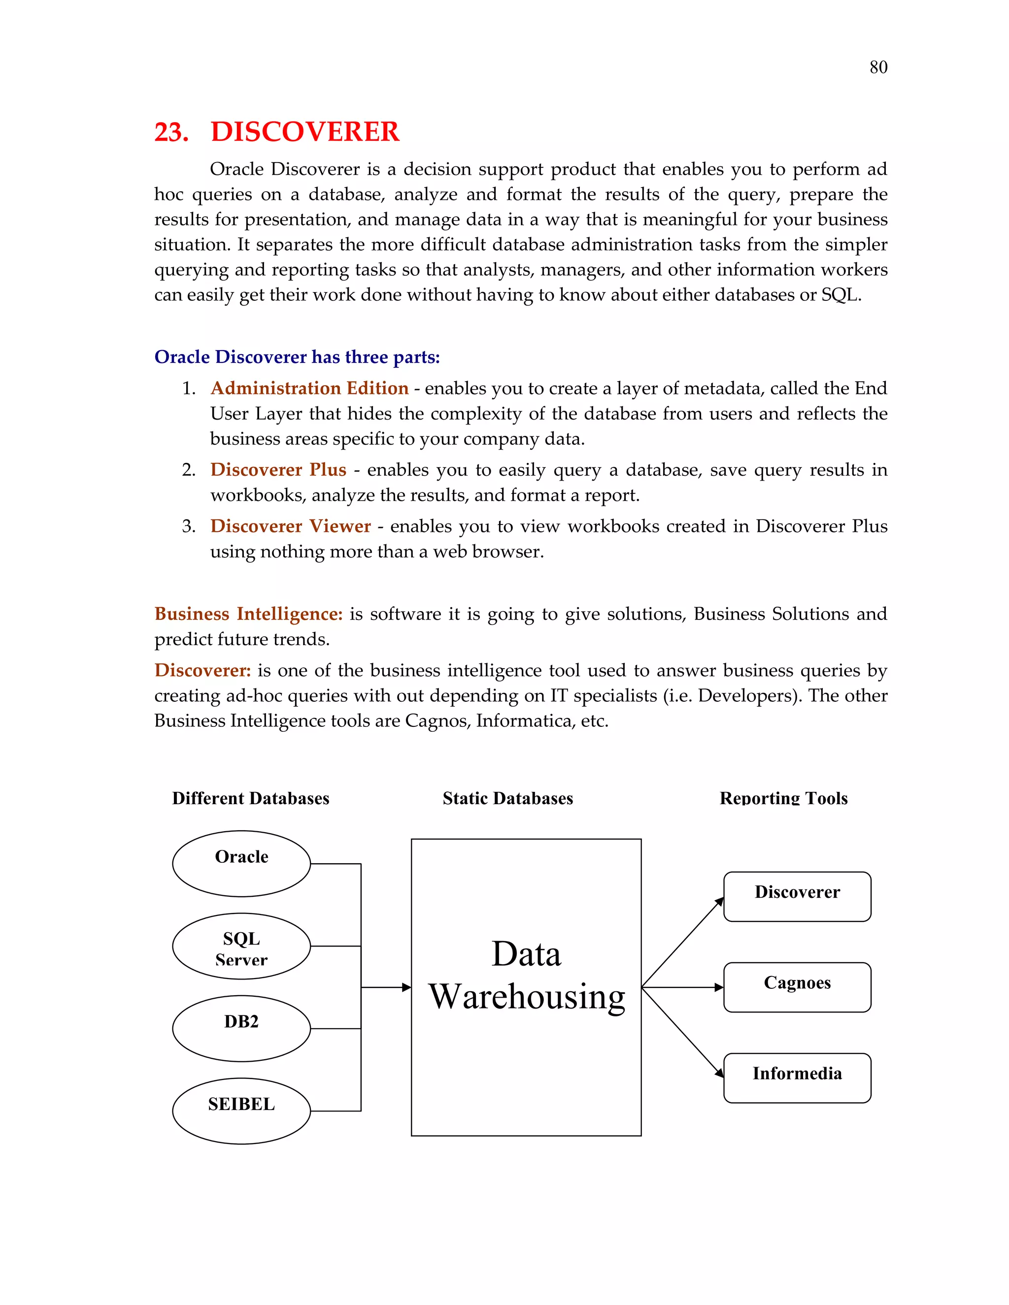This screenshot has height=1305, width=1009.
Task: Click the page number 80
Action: pyautogui.click(x=878, y=67)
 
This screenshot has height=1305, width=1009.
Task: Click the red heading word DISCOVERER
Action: pyautogui.click(x=305, y=131)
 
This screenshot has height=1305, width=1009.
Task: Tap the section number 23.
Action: pyautogui.click(x=171, y=132)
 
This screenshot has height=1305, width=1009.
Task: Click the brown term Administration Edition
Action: pyautogui.click(x=309, y=389)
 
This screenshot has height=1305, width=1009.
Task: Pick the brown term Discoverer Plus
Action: pyautogui.click(x=278, y=470)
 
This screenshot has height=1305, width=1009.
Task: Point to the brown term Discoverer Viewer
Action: pyautogui.click(x=291, y=526)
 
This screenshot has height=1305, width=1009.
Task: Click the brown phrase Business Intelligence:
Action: pyautogui.click(x=248, y=614)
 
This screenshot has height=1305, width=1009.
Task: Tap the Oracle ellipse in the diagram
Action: pyautogui.click(x=241, y=863)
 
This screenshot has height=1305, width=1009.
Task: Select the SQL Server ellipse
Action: pyautogui.click(x=241, y=946)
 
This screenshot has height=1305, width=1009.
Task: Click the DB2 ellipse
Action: pyautogui.click(x=241, y=1028)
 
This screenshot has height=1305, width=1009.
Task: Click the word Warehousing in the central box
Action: pyautogui.click(x=527, y=997)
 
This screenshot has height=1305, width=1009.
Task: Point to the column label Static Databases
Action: pyautogui.click(x=507, y=798)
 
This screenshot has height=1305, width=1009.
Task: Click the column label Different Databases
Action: pyautogui.click(x=250, y=798)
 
